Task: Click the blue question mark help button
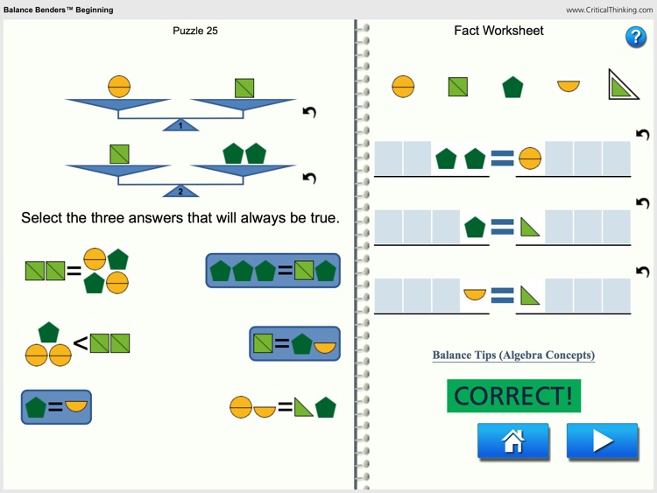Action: tap(636, 37)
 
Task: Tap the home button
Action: tap(513, 441)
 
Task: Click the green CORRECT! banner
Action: tap(513, 396)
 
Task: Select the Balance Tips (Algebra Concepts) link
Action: tap(513, 356)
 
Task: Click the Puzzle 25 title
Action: tap(195, 32)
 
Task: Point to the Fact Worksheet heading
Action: tap(498, 31)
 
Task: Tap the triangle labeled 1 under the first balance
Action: tap(181, 125)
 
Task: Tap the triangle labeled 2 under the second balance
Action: tap(181, 191)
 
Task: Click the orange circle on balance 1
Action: tap(119, 87)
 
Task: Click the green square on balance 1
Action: tap(244, 88)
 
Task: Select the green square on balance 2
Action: tap(120, 153)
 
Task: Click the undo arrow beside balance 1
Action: tap(308, 112)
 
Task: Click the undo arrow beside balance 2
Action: tap(308, 178)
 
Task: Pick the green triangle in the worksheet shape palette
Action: tap(623, 85)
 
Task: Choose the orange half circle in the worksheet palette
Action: tap(569, 86)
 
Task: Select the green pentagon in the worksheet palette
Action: tap(512, 87)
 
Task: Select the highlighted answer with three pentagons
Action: tap(272, 271)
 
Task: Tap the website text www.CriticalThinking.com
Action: tap(609, 11)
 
